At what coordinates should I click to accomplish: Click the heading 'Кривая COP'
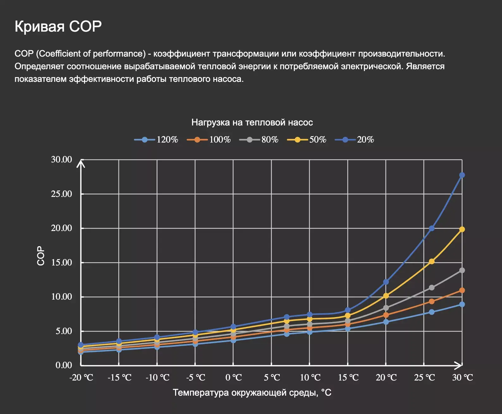(58, 27)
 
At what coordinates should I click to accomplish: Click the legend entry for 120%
(156, 140)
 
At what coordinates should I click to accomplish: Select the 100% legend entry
(209, 140)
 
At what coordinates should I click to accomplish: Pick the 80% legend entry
(259, 140)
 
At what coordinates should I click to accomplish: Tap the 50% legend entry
(307, 140)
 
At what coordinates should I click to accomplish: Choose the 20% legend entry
(354, 140)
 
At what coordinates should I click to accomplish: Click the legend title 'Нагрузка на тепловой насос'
(252, 123)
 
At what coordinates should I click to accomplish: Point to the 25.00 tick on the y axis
(62, 194)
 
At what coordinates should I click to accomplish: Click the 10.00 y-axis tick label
(62, 297)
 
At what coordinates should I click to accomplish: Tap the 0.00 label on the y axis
(64, 365)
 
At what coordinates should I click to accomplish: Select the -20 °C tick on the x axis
(81, 378)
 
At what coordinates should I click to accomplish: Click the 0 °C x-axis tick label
(234, 378)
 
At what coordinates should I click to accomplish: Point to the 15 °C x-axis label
(348, 378)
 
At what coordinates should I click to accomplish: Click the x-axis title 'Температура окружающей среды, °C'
(252, 393)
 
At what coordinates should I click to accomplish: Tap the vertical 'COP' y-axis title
(41, 256)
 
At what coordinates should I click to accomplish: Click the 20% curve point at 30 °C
(462, 175)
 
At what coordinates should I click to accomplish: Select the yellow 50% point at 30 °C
(462, 229)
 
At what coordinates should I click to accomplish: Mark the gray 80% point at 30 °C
(462, 271)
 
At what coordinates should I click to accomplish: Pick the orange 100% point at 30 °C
(462, 290)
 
